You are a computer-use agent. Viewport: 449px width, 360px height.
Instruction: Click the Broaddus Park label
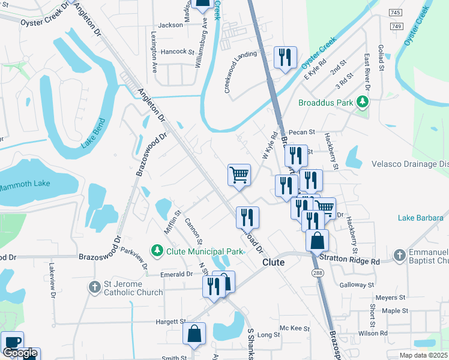click(326, 103)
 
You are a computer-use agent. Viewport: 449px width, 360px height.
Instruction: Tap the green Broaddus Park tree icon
click(363, 103)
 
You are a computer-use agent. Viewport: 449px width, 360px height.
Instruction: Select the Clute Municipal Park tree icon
click(157, 250)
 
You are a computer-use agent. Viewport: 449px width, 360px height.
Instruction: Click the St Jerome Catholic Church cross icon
click(94, 287)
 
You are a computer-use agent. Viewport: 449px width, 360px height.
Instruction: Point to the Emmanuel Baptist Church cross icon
click(400, 256)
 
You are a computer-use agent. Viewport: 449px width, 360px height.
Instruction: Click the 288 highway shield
click(316, 273)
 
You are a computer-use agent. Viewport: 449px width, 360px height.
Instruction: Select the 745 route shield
click(395, 13)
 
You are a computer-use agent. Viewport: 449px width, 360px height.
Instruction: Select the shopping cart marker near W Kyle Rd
click(239, 175)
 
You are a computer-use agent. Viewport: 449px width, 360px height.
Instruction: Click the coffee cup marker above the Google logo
click(12, 342)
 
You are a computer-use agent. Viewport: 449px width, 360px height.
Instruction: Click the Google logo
click(20, 353)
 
